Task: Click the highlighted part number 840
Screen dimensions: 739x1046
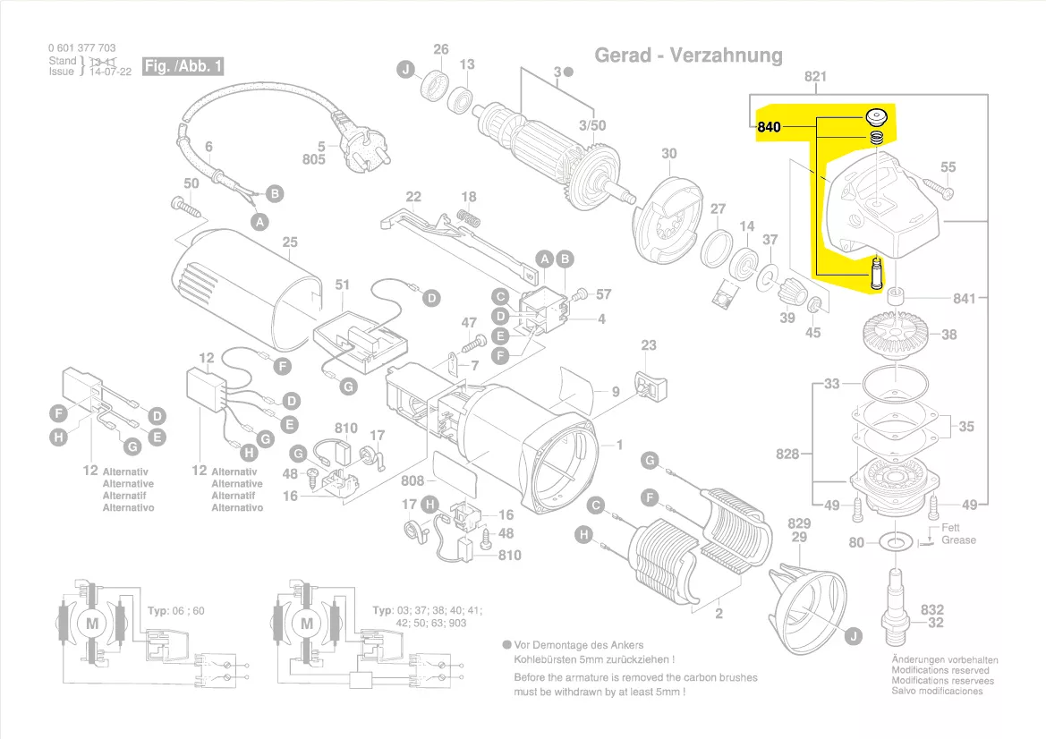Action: [769, 127]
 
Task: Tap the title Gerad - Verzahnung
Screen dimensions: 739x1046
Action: [688, 55]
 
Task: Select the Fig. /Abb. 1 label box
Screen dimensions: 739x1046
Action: [183, 67]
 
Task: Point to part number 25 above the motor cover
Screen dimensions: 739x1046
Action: [289, 242]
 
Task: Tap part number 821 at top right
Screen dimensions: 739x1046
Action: [815, 77]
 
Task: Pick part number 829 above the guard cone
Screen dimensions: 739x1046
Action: [798, 523]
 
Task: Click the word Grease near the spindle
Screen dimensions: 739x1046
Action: [958, 540]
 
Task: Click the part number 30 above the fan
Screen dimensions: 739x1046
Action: [669, 154]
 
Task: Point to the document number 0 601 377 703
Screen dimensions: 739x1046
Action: [81, 48]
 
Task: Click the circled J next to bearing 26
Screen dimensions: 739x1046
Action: [406, 70]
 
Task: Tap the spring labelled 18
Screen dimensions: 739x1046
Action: [467, 217]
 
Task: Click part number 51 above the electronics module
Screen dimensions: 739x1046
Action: [342, 285]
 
